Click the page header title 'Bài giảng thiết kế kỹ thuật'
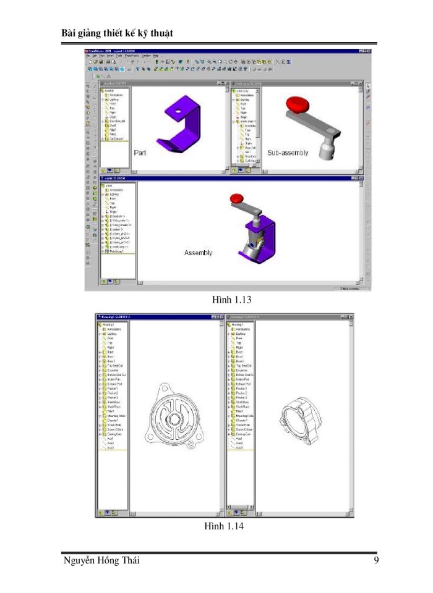[117, 33]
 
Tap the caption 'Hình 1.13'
[229, 300]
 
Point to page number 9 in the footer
[377, 560]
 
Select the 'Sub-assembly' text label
[288, 152]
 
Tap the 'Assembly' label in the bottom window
[199, 253]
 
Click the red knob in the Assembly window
[236, 198]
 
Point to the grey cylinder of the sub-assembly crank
[325, 150]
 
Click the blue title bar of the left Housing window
[155, 317]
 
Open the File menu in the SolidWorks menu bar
[88, 56]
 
